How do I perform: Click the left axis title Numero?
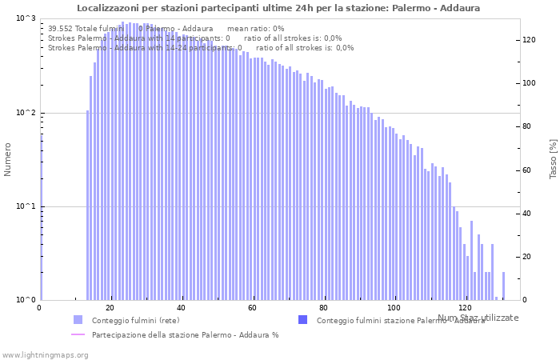pyautogui.click(x=8, y=158)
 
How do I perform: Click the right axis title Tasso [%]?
pyautogui.click(x=553, y=158)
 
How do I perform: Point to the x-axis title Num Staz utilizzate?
pyautogui.click(x=478, y=318)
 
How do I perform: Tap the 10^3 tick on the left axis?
pyautogui.click(x=26, y=18)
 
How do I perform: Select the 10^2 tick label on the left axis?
pyautogui.click(x=26, y=113)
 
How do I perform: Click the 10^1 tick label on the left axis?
pyautogui.click(x=26, y=206)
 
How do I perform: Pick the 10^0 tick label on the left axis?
pyautogui.click(x=26, y=300)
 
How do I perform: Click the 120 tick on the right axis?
pyautogui.click(x=529, y=39)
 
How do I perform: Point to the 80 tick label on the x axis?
pyautogui.click(x=323, y=308)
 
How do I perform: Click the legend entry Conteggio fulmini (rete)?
pyautogui.click(x=135, y=320)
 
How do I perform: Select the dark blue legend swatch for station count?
pyautogui.click(x=302, y=320)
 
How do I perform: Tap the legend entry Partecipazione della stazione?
pyautogui.click(x=185, y=334)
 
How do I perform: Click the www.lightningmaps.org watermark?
pyautogui.click(x=45, y=354)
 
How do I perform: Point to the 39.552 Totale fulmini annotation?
pyautogui.click(x=87, y=28)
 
